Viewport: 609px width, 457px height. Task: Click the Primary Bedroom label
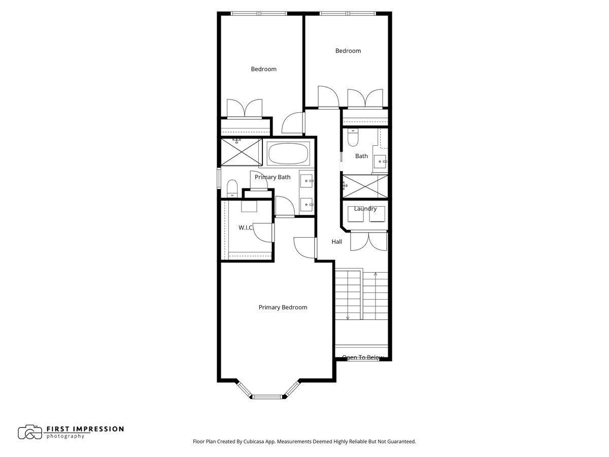click(x=283, y=307)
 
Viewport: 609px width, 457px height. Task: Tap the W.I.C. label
click(x=246, y=228)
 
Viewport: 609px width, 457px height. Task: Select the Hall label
click(x=336, y=242)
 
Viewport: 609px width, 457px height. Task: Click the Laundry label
click(x=365, y=209)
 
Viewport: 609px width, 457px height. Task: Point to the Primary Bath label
click(x=273, y=177)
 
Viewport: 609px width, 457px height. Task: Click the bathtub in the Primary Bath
click(x=288, y=153)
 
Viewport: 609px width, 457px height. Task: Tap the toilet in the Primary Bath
click(x=232, y=188)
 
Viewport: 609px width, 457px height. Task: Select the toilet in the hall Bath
click(x=353, y=137)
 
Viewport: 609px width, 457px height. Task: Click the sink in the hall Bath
click(x=380, y=161)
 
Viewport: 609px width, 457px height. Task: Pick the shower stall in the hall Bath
click(x=365, y=186)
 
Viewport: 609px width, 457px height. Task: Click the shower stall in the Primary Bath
click(x=239, y=152)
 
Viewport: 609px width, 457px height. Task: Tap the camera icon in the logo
click(x=30, y=432)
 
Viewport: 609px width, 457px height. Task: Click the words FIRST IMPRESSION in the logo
click(x=85, y=429)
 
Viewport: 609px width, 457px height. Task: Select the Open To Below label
click(x=362, y=357)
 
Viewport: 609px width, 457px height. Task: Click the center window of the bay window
click(x=267, y=396)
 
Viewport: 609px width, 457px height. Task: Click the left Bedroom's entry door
click(x=293, y=124)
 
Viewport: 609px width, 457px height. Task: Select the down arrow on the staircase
click(x=348, y=317)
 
